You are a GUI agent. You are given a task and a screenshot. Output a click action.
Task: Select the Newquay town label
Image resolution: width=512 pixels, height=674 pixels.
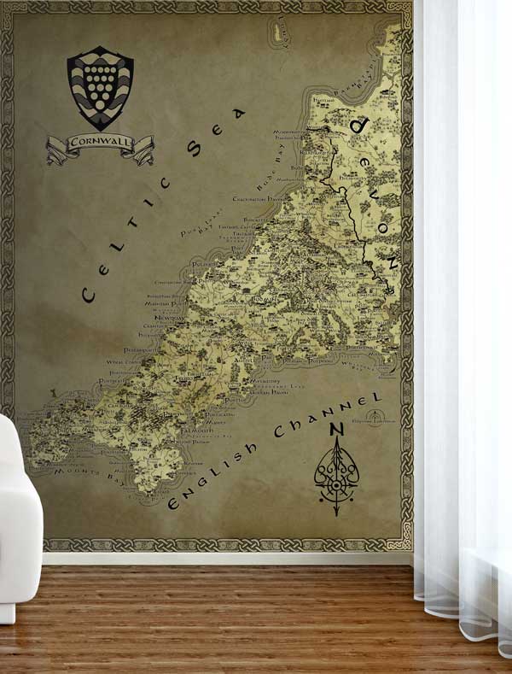[170, 314]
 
